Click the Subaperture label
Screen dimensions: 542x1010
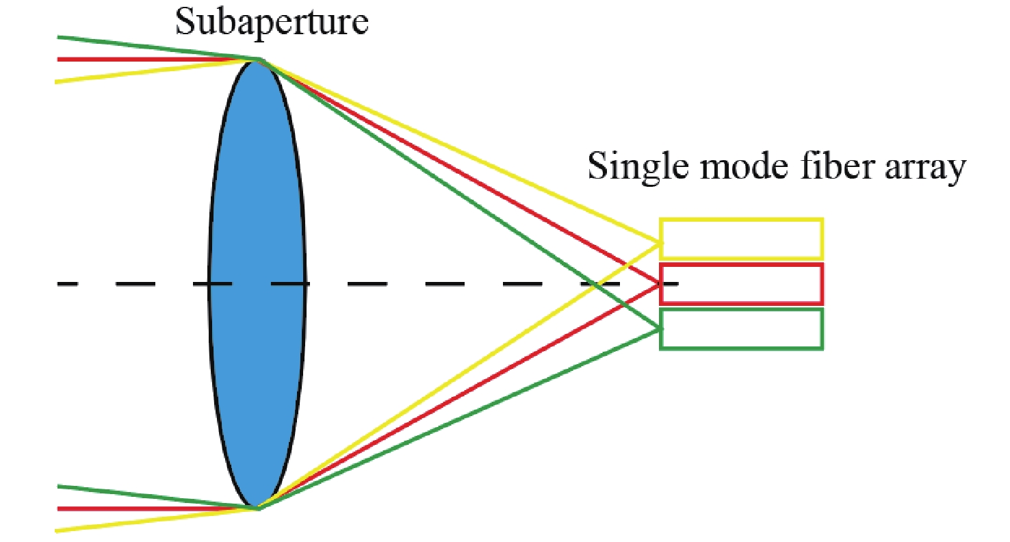[272, 22]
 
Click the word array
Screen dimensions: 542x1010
[923, 169]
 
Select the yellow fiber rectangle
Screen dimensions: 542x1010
[741, 239]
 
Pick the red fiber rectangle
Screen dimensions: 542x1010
[741, 283]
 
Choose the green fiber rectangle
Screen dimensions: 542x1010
[741, 329]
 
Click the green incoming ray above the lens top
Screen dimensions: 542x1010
[137, 45]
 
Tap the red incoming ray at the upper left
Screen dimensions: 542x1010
[137, 60]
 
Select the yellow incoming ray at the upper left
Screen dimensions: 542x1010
[137, 73]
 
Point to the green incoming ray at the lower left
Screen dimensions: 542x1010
[137, 494]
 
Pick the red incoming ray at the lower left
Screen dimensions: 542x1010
[137, 508]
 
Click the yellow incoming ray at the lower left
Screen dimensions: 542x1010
[137, 521]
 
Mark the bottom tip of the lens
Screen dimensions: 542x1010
[258, 507]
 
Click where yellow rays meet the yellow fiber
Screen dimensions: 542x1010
[661, 242]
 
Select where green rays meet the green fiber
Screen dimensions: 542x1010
[661, 330]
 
